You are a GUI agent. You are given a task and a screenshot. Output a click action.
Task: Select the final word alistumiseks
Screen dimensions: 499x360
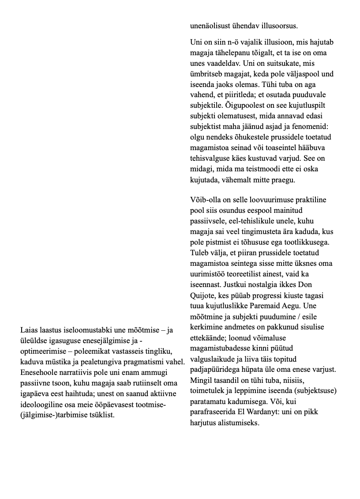click(239, 422)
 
